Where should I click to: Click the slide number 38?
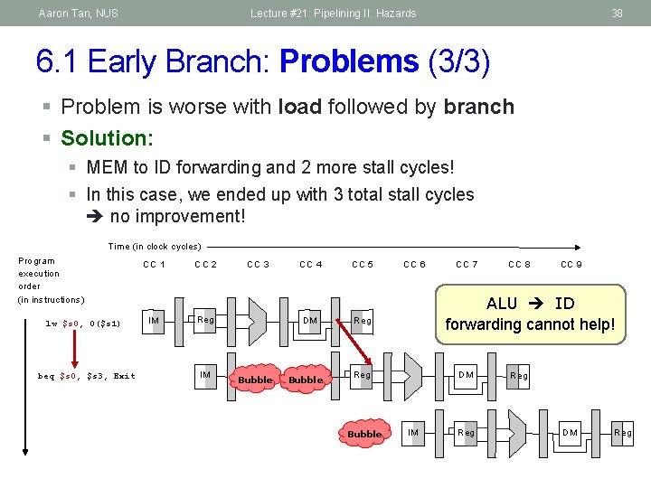tap(617, 14)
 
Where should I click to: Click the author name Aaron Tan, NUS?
tap(78, 14)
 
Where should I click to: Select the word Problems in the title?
tap(349, 61)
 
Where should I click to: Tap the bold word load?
tap(302, 107)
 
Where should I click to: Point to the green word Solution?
tap(107, 138)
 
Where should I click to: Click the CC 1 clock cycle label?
tap(154, 264)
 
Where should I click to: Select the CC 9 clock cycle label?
tap(571, 264)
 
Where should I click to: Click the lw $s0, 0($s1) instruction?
tap(83, 324)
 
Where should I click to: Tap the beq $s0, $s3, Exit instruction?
tap(87, 376)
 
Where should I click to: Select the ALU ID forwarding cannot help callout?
tap(530, 314)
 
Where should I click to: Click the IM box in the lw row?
tap(155, 320)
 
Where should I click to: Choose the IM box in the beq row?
tap(206, 375)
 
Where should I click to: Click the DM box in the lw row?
tap(310, 320)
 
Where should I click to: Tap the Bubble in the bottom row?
tap(364, 434)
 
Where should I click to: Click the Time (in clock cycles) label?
tap(155, 246)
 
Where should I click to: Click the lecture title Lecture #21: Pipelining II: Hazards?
tap(334, 14)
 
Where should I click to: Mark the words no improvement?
tap(177, 217)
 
